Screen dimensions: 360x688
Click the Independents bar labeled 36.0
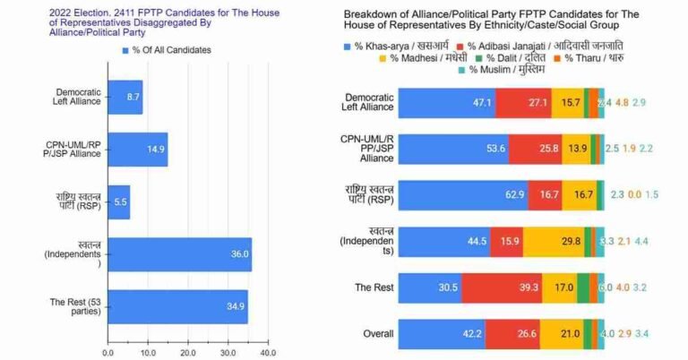click(x=179, y=254)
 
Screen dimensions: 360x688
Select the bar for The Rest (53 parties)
click(x=177, y=306)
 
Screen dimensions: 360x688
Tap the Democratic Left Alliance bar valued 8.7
click(x=125, y=96)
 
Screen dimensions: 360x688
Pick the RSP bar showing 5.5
click(x=118, y=202)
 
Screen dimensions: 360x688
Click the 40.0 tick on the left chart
click(x=267, y=353)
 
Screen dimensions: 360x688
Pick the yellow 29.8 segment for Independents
click(x=553, y=242)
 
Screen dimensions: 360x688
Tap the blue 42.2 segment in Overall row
click(x=441, y=335)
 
